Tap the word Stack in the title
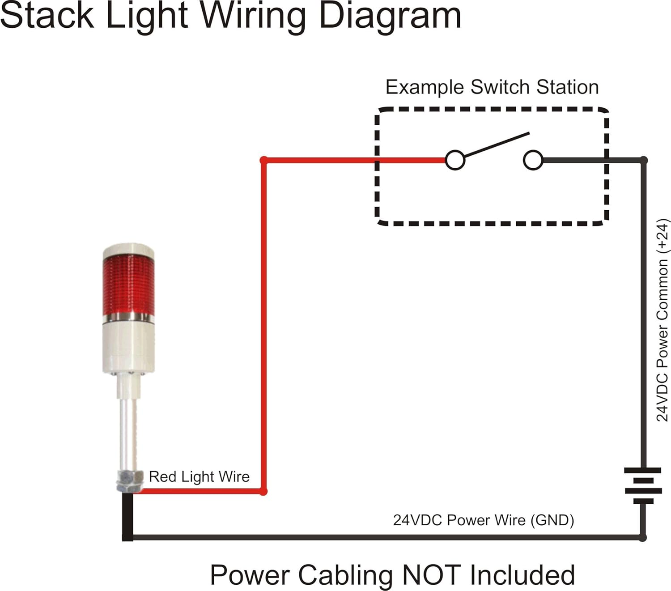pos(47,16)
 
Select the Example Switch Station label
pos(492,87)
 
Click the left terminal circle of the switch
pos(455,160)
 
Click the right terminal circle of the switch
pos(533,160)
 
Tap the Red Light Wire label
pos(199,476)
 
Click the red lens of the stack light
pos(128,286)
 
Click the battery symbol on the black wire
pos(643,485)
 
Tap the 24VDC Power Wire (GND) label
pos(483,520)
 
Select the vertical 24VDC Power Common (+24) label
pos(662,320)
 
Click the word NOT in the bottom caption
pos(432,575)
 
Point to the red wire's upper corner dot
pos(264,160)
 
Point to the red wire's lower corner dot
pos(263,492)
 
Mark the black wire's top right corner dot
pos(643,160)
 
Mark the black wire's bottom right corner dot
pos(642,537)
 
